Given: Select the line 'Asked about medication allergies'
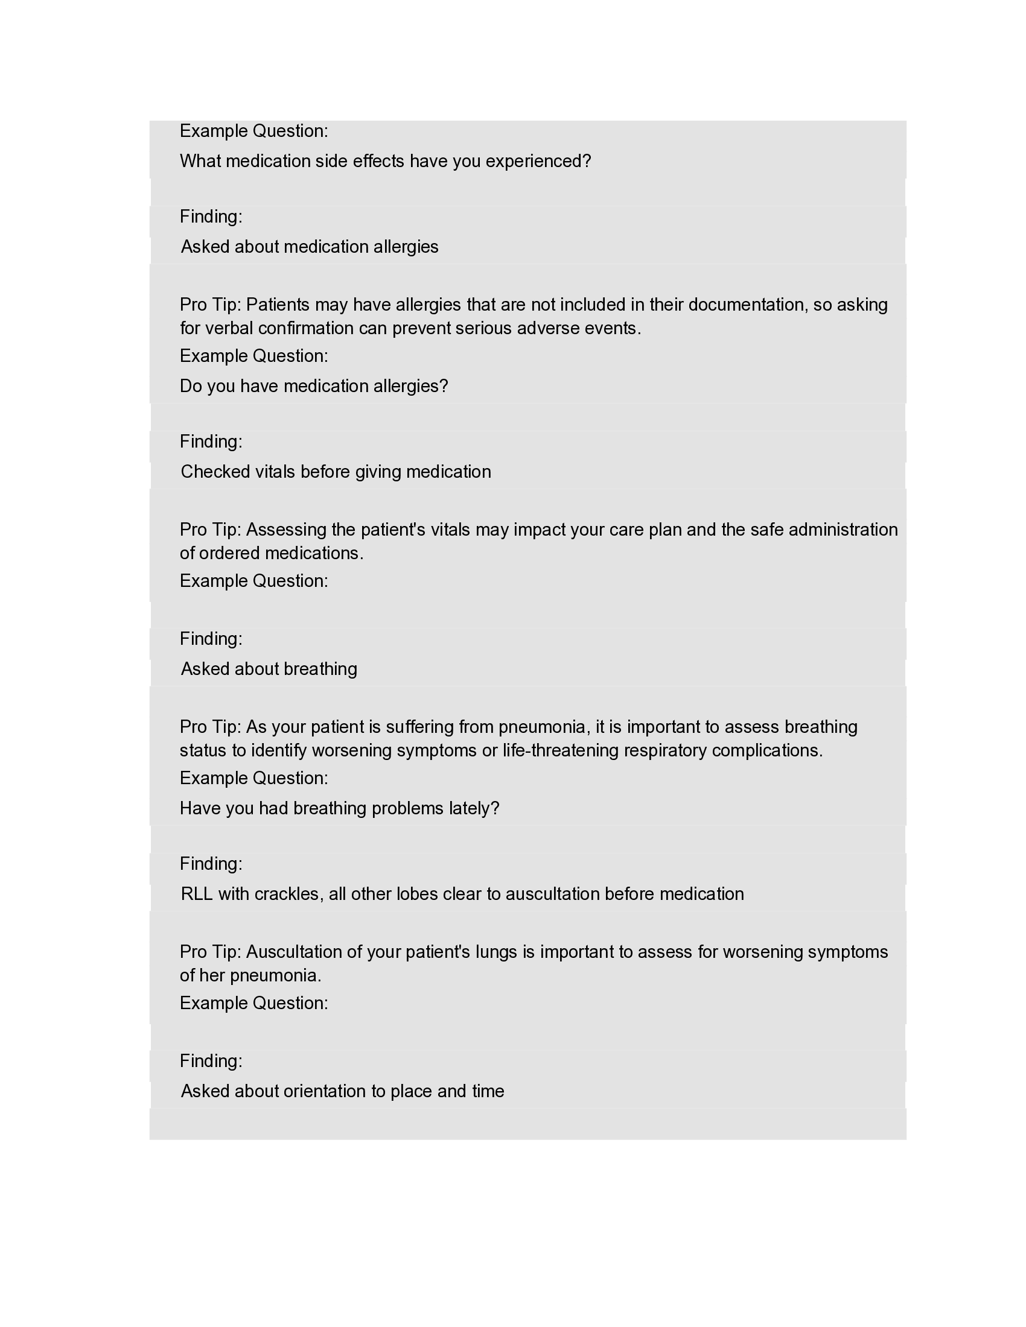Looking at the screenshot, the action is (x=310, y=247).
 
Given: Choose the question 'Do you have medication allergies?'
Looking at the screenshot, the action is (x=314, y=386).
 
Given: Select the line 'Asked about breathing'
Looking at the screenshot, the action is (x=269, y=669).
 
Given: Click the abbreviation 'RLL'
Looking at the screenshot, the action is (x=196, y=894).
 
